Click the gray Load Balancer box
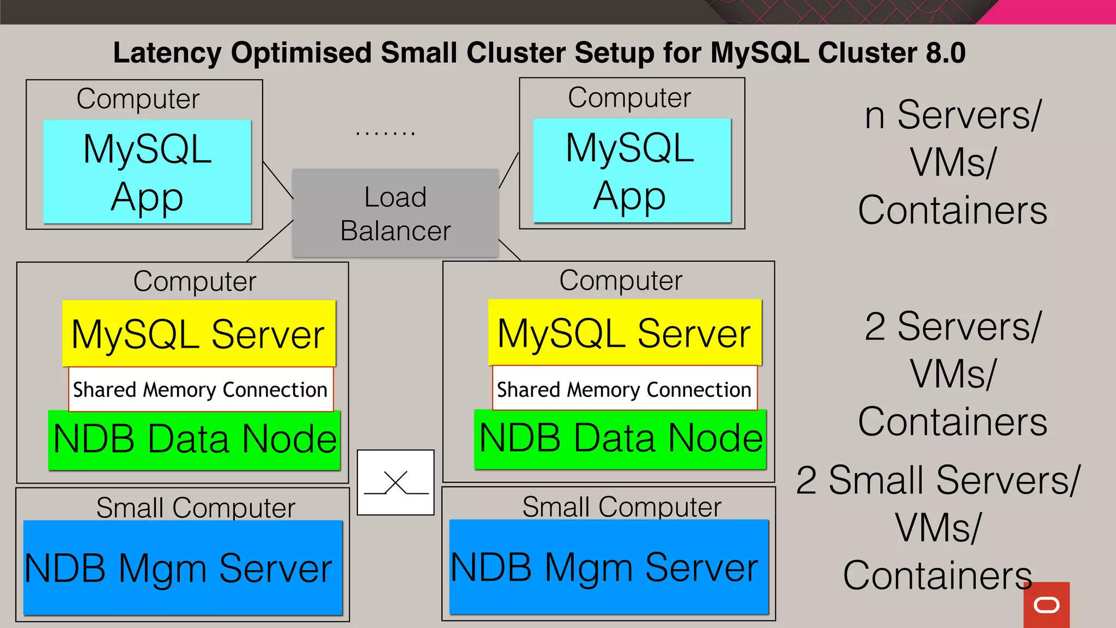click(396, 213)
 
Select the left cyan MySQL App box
click(147, 172)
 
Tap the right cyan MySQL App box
click(632, 171)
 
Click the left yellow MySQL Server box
click(199, 334)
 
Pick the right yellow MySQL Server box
click(624, 333)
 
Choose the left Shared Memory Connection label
click(200, 390)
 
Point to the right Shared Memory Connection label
click(624, 389)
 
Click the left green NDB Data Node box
click(195, 440)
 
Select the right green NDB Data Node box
click(620, 439)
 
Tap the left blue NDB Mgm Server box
click(183, 568)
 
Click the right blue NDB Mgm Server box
click(609, 567)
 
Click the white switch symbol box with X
click(396, 482)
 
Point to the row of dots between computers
click(385, 133)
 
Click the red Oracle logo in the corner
click(1046, 605)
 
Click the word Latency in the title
click(167, 53)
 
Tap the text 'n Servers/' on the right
click(953, 115)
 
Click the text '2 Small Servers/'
click(937, 480)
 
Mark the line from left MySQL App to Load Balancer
click(278, 180)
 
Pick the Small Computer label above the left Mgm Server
click(196, 508)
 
